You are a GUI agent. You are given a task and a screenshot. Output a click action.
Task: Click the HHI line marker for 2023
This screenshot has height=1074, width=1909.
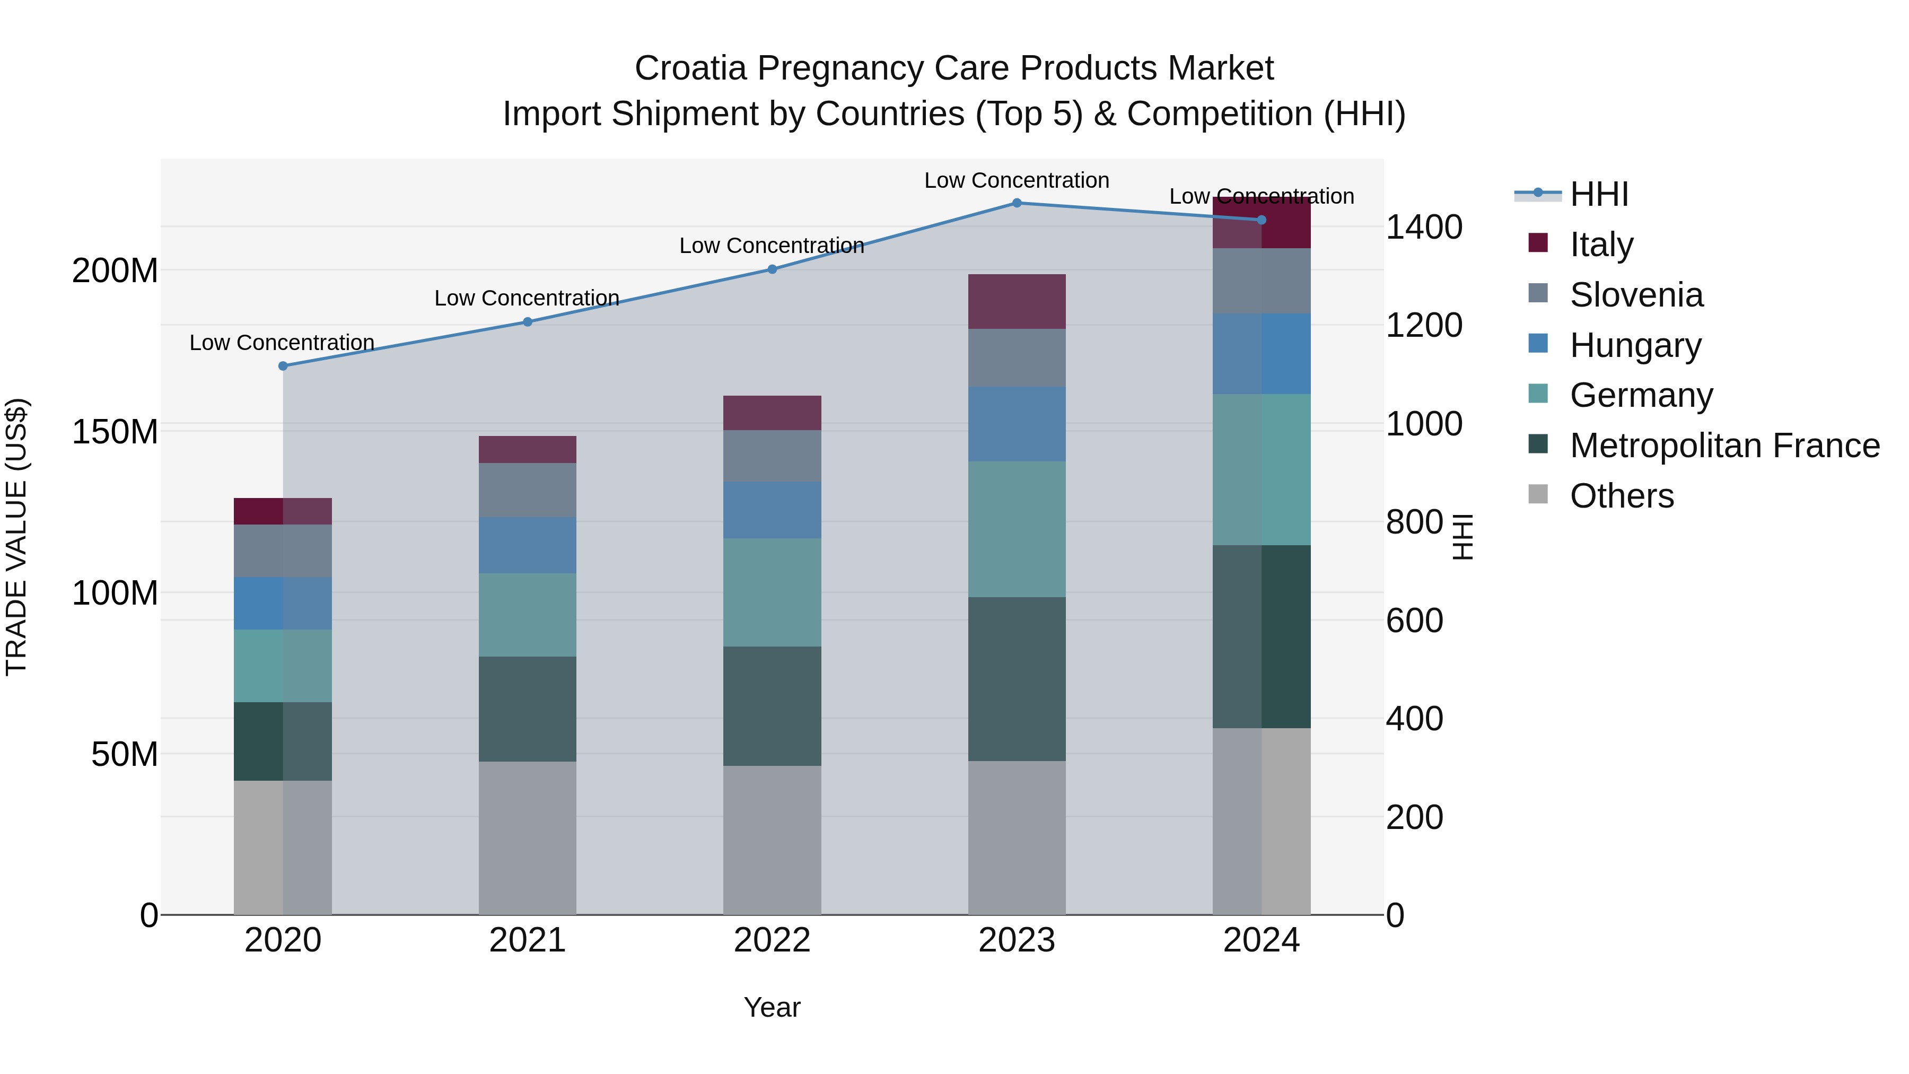(1017, 203)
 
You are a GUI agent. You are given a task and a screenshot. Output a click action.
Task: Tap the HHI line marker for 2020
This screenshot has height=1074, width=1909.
(282, 366)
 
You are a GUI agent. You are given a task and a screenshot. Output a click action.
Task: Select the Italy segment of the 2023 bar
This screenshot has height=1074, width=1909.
(1017, 302)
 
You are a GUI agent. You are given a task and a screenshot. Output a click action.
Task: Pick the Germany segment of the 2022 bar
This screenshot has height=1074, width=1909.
(772, 592)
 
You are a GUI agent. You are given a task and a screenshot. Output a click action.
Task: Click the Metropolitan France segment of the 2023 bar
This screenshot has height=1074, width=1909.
(1017, 679)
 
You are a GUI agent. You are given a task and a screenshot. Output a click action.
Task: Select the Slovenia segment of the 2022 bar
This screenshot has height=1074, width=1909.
(772, 456)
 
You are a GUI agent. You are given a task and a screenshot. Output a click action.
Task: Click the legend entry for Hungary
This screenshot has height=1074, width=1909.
(1635, 345)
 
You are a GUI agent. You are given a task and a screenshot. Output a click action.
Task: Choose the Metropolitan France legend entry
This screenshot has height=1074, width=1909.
(1724, 446)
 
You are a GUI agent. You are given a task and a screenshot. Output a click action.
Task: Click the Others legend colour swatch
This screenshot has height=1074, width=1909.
(1538, 494)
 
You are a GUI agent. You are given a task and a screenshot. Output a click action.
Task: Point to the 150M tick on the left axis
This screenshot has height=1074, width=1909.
(115, 431)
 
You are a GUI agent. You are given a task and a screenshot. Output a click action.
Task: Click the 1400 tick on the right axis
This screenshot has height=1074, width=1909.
(1424, 227)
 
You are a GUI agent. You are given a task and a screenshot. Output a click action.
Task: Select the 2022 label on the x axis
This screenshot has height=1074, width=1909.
(772, 940)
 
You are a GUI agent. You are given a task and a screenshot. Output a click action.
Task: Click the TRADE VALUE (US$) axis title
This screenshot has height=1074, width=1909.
(16, 537)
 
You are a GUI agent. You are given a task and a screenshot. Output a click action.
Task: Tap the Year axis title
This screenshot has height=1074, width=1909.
(772, 1007)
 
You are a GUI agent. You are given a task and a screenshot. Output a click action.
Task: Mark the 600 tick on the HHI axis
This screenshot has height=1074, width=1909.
(1414, 621)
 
